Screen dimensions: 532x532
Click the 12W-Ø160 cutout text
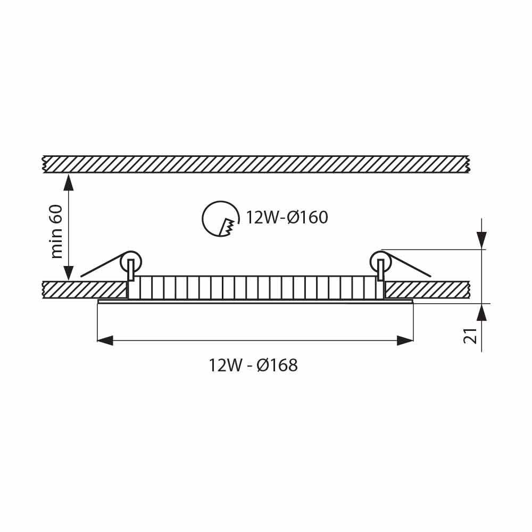point(286,218)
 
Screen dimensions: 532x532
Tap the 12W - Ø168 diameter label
point(253,365)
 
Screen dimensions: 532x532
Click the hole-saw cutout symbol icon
point(219,218)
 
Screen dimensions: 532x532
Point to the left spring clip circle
point(130,261)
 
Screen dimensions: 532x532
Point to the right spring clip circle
point(380,261)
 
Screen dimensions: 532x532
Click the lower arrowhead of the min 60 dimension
point(68,272)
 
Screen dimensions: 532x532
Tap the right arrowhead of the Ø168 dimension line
point(405,340)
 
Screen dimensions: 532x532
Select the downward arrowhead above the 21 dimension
point(481,240)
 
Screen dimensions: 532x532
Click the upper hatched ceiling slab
point(255,164)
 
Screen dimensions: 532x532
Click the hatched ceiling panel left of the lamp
point(85,289)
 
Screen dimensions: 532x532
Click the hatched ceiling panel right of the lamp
point(426,289)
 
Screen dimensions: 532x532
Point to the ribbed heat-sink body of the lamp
point(255,287)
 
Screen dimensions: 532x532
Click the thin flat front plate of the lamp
point(255,301)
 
